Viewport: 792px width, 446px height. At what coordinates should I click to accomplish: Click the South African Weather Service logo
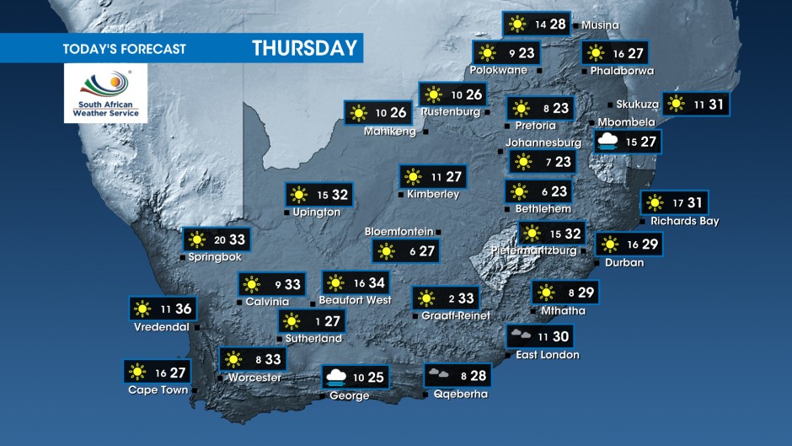pos(105,93)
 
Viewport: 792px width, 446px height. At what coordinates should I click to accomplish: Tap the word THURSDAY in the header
pos(304,48)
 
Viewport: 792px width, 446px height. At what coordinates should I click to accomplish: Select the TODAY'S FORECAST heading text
pos(124,49)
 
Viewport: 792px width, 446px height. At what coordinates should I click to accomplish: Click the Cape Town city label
pos(158,390)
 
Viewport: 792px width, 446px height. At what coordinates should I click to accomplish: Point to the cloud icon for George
pos(334,376)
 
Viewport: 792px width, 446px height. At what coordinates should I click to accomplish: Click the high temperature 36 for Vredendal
pos(183,309)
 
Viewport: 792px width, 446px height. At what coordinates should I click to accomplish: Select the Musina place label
pos(600,25)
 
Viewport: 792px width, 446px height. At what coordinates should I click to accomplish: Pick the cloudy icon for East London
pos(519,336)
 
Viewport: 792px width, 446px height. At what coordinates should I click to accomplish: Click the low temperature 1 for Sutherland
pos(317,321)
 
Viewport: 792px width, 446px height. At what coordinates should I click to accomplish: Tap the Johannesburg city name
pos(544,142)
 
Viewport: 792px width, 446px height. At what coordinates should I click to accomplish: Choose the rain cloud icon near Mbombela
pos(608,142)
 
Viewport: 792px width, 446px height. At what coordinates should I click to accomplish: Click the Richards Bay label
pos(684,221)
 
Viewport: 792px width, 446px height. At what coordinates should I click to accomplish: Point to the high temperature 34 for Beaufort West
pos(376,283)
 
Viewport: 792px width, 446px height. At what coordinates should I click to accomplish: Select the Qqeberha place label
pos(461,394)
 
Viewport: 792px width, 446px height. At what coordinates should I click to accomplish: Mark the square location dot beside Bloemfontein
pos(438,232)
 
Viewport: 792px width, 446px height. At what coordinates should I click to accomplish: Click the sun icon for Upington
pos(298,195)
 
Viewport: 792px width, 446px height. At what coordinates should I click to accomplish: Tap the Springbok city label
pos(216,256)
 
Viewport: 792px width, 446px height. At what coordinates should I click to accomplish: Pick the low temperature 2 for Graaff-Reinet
pos(452,298)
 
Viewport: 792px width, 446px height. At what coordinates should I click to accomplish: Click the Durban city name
pos(624,262)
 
